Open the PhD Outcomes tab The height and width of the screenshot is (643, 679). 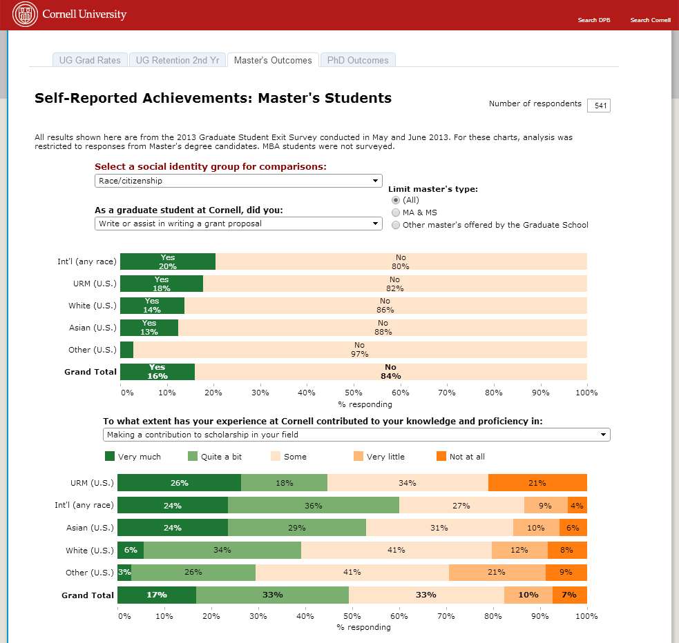358,61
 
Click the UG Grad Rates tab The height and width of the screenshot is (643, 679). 90,61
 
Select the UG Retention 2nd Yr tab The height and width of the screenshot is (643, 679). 178,61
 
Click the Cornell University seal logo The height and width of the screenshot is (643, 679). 25,14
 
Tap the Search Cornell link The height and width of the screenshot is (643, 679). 650,20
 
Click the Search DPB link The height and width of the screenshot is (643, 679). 594,20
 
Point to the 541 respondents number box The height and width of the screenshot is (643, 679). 599,106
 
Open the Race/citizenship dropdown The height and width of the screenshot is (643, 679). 238,181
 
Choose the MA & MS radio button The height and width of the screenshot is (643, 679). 396,212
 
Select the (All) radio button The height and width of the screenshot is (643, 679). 396,200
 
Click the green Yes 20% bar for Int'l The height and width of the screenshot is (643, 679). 168,261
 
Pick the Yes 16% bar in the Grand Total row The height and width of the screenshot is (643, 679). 157,372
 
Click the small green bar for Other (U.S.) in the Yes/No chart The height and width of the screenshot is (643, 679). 126,350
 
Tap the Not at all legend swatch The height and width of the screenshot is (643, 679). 441,456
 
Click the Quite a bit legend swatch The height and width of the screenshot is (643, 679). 193,456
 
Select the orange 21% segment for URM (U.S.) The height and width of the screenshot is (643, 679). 537,483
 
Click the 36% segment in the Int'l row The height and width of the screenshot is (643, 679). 314,505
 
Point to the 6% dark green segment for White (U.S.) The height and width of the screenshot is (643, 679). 131,550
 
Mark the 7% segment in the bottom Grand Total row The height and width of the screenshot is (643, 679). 569,595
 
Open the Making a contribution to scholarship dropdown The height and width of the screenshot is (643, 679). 356,435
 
